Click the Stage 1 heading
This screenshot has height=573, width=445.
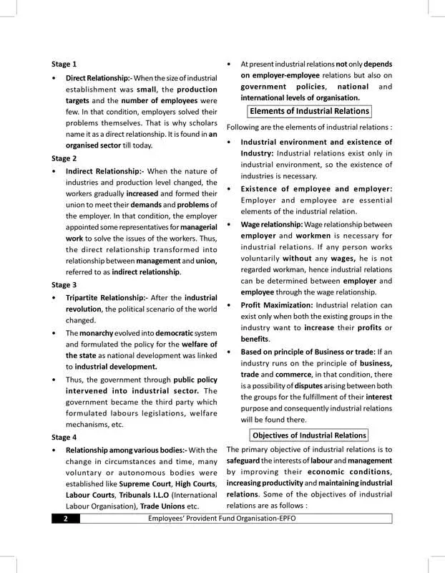[x=64, y=64]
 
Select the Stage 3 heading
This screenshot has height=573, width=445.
[x=64, y=284]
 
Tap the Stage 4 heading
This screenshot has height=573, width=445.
[x=64, y=436]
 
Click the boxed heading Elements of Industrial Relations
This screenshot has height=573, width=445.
[x=309, y=111]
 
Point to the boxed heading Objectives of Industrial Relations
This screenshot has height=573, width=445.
[x=310, y=435]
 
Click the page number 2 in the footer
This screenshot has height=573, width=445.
[x=65, y=519]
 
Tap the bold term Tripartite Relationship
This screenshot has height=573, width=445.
[x=106, y=297]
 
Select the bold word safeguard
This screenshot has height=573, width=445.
[x=248, y=461]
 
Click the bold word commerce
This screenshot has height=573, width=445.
[x=284, y=374]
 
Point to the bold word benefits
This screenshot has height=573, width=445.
[x=255, y=338]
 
